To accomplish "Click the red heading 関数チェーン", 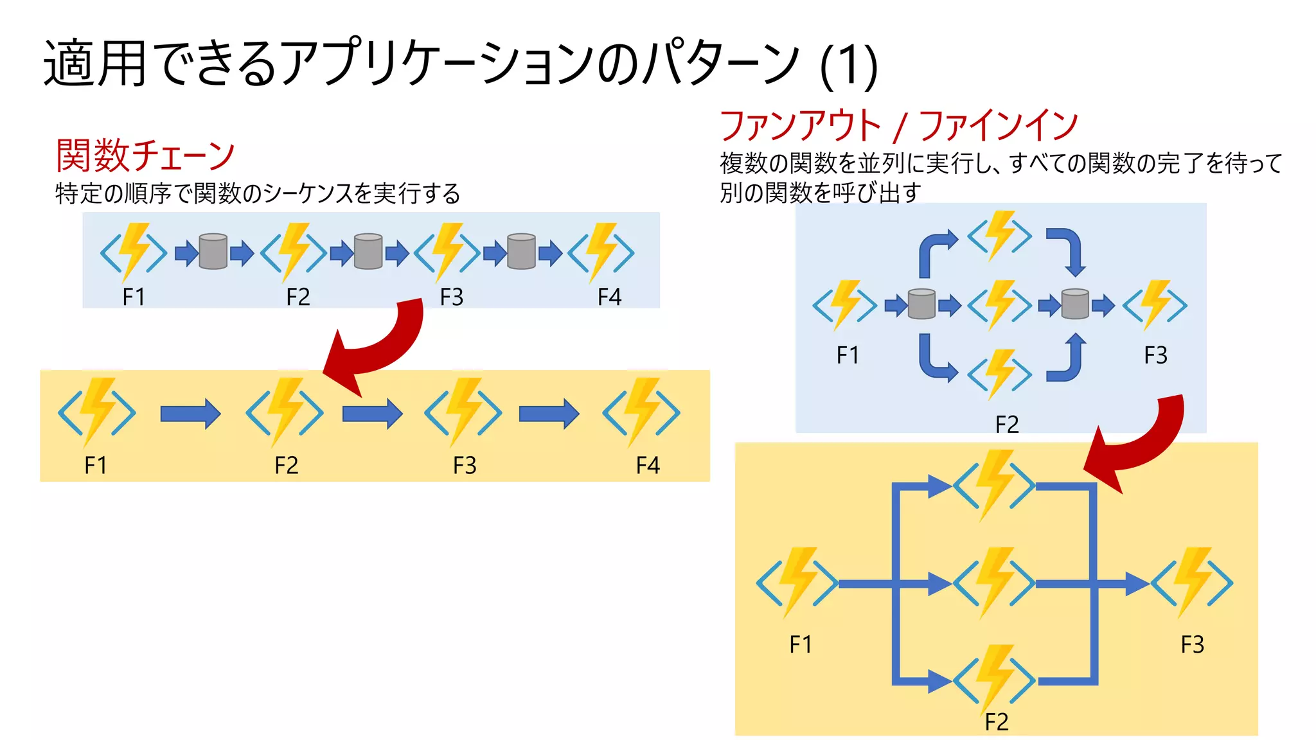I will (145, 155).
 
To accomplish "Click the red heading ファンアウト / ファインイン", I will (898, 125).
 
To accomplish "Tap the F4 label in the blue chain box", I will (609, 297).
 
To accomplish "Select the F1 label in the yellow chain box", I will (96, 465).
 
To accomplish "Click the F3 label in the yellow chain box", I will (465, 465).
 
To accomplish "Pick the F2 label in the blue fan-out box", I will (1006, 425).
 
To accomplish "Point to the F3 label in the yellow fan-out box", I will (1192, 644).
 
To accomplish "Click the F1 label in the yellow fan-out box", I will (801, 644).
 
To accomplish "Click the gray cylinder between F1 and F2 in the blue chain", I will (213, 251).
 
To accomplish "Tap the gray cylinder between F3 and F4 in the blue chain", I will (521, 251).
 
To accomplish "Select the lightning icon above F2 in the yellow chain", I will (285, 412).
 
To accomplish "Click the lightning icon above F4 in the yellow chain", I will (641, 412).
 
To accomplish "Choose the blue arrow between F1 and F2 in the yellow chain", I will (190, 414).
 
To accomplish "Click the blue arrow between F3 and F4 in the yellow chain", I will (549, 414).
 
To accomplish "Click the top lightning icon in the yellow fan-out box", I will (994, 485).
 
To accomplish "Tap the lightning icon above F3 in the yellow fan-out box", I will (1192, 583).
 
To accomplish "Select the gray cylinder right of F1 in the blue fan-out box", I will (921, 304).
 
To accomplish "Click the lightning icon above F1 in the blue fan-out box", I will (844, 304).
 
